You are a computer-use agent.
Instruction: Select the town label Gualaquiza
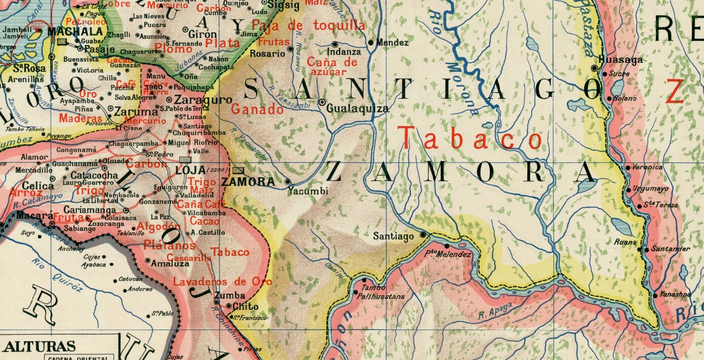(358, 108)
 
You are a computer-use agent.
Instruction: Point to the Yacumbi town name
(308, 191)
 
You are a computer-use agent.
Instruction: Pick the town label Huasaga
(620, 60)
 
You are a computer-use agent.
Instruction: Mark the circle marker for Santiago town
(423, 235)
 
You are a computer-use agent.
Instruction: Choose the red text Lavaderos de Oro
(222, 282)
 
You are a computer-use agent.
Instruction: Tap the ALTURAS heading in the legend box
(40, 347)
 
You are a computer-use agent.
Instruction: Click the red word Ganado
(257, 109)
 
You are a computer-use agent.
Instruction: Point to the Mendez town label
(393, 43)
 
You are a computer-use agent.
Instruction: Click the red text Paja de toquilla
(308, 26)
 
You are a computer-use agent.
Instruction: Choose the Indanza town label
(344, 52)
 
